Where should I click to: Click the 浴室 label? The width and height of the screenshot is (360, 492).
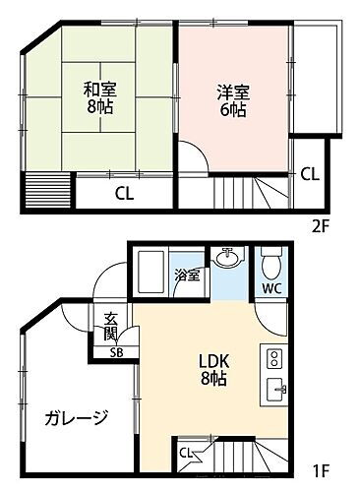187,276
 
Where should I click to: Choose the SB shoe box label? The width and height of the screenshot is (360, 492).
115,352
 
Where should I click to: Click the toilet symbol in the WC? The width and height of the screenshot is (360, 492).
271,264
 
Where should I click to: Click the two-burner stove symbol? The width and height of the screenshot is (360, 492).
275,357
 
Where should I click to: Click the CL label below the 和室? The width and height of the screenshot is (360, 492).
124,192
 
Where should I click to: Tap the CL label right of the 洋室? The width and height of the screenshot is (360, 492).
309,174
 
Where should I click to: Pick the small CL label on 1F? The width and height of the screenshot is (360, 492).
186,453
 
